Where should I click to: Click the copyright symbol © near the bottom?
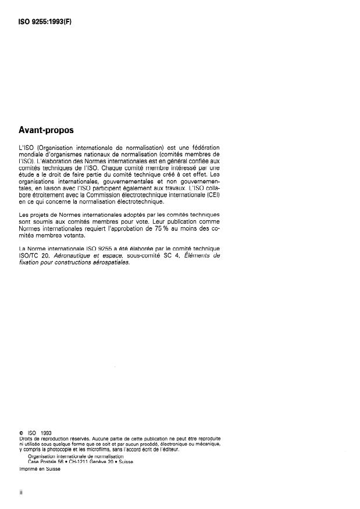[x=21, y=433]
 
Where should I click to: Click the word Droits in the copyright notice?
[x=27, y=439]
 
